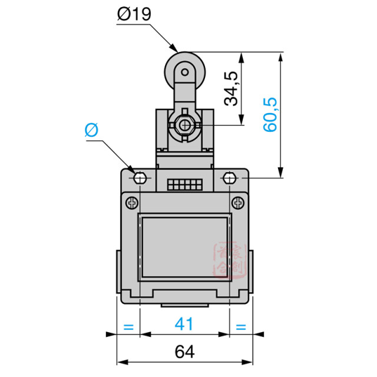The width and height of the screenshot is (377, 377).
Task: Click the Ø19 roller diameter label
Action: [134, 14]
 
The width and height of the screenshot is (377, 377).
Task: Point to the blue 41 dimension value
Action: [184, 324]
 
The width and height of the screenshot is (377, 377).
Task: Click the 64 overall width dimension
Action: [184, 352]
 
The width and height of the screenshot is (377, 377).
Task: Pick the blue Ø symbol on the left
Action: [91, 130]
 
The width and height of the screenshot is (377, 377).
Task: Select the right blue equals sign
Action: [240, 326]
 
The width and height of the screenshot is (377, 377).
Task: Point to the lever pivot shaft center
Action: [184, 125]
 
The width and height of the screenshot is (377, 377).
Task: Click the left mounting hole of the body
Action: [140, 177]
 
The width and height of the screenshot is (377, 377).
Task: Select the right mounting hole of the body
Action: [229, 177]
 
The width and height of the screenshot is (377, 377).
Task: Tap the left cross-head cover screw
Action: [131, 203]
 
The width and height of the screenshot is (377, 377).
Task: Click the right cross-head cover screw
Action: [237, 203]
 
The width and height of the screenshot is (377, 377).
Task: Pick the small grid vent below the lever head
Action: [184, 185]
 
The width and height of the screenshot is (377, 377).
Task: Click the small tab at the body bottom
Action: [184, 306]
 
